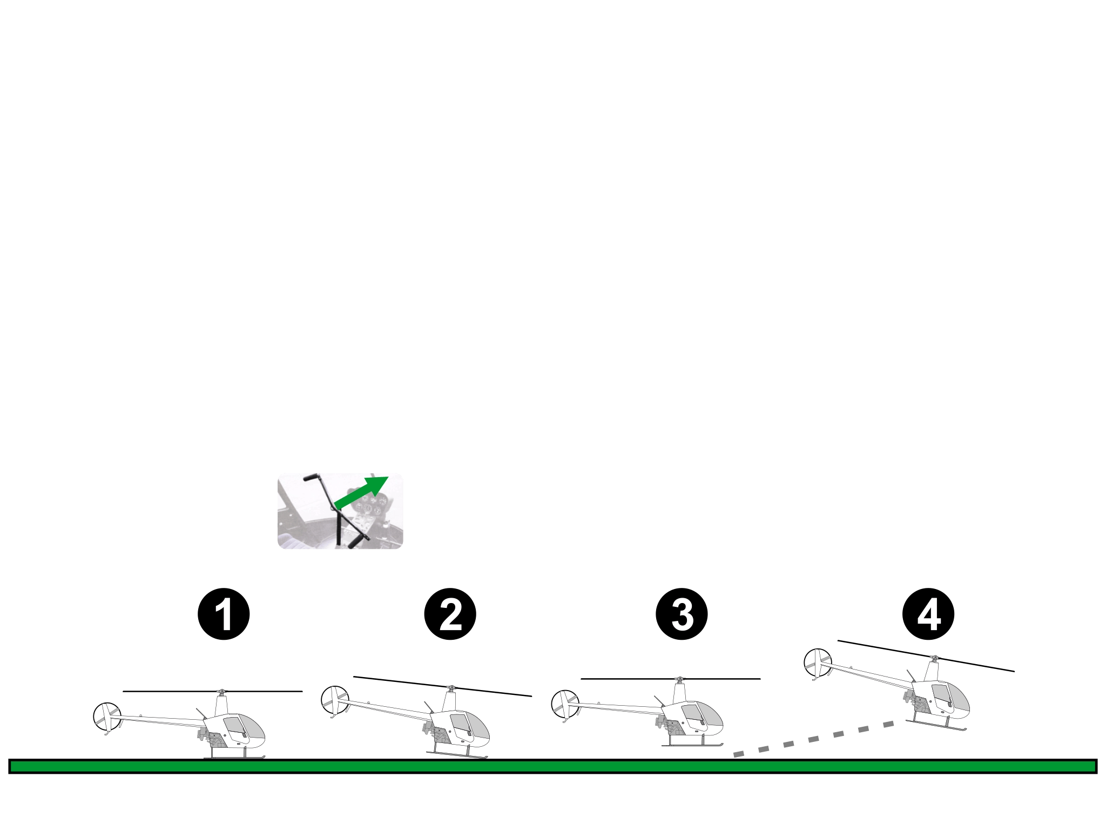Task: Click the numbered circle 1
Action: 224,614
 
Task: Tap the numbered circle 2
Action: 450,614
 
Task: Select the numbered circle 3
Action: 682,614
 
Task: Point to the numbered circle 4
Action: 928,614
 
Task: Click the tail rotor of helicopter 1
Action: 107,717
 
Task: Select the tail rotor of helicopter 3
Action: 564,704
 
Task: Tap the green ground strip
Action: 553,766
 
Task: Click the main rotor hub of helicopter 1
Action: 220,692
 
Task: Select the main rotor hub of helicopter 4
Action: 934,659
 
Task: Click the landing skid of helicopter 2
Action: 457,755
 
